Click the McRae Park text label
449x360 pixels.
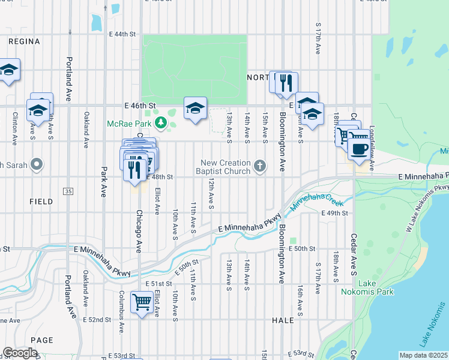pos(128,124)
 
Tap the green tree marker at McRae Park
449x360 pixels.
pos(160,124)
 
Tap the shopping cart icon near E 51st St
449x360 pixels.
pos(142,302)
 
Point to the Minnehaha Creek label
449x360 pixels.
pos(312,202)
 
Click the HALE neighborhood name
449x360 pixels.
pos(283,320)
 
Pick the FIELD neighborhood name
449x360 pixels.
pos(41,202)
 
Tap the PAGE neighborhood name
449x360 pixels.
pos(42,340)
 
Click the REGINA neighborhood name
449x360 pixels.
pos(25,41)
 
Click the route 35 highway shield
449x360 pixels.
pos(67,190)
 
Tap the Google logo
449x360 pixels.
pos(19,352)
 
